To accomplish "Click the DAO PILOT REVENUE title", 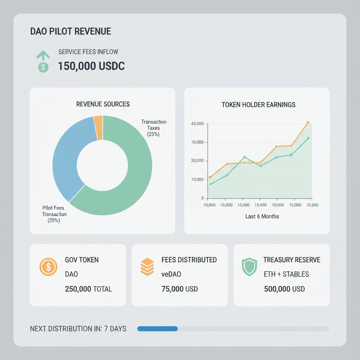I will click(71, 31).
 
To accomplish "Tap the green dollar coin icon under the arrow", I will click(43, 67).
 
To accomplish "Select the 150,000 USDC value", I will click(91, 66).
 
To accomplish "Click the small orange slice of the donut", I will click(98, 127).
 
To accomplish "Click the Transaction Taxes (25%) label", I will click(154, 128).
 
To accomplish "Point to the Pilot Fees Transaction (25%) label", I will click(54, 214).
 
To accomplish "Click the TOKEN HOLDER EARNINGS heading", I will click(258, 105).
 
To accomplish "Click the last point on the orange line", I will click(308, 122).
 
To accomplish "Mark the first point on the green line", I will click(210, 184).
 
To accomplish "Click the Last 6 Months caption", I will click(262, 216).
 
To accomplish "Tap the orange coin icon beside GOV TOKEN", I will click(48, 267).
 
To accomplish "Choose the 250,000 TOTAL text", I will click(88, 289).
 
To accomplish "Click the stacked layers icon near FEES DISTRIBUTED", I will click(147, 267).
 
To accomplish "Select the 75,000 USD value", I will click(180, 289).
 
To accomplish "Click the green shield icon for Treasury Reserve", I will click(249, 267).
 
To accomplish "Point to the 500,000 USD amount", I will click(284, 289).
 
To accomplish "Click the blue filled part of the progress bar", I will click(157, 329).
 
